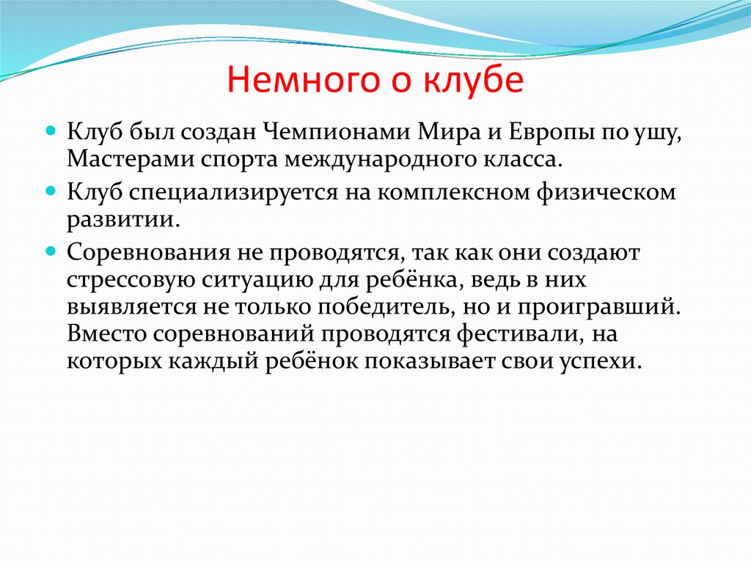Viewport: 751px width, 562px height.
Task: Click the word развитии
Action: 117,219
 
